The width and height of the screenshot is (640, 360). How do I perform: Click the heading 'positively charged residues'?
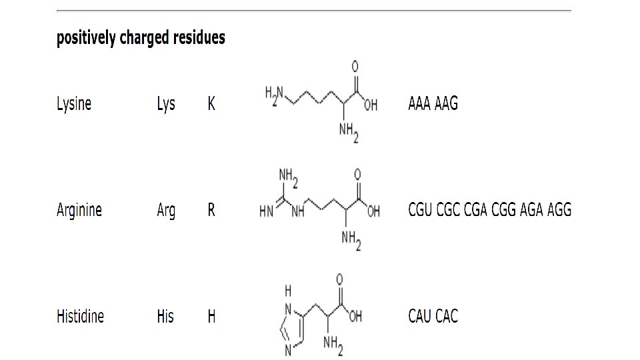141,38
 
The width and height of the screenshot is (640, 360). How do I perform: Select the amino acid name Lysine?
73,104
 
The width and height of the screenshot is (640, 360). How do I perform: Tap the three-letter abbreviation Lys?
166,104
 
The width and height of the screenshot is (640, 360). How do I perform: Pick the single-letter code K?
211,104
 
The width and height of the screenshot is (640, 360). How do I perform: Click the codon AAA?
419,104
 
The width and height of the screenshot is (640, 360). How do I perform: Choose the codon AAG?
447,104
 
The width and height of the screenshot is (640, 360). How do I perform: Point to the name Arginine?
79,211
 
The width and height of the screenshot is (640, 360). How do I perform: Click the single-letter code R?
211,211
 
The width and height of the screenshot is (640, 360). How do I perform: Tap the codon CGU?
420,210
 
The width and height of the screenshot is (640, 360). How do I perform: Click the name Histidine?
80,316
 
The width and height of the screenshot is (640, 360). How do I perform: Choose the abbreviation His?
165,316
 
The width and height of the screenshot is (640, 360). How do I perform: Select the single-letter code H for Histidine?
211,316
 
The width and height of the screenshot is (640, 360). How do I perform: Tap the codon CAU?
420,316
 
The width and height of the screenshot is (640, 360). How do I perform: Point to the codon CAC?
447,316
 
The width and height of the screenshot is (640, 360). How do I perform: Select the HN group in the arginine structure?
266,213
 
